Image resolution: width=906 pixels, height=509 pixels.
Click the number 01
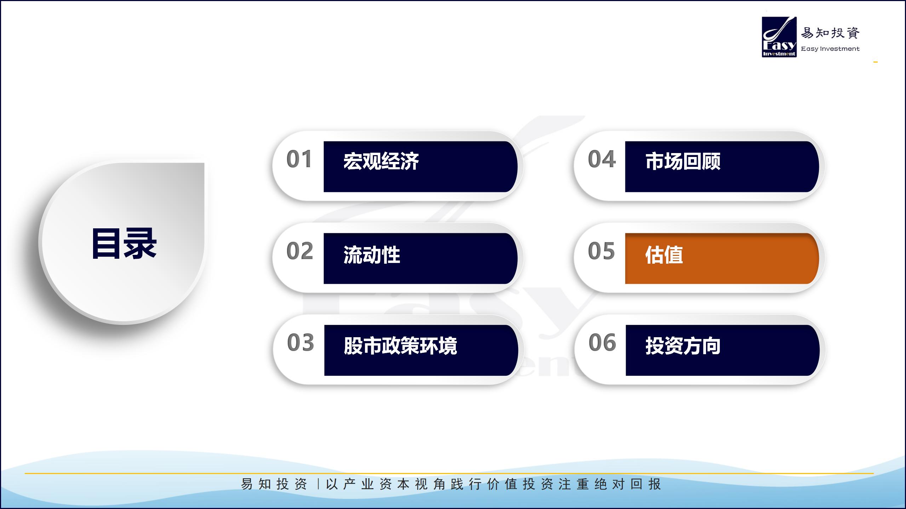point(299,159)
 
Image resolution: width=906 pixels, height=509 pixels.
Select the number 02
point(300,251)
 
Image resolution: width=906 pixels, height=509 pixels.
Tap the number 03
point(300,343)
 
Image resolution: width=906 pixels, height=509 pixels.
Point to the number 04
point(602,159)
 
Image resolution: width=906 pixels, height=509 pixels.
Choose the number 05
point(601,251)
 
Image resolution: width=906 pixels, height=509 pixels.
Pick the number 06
point(602,343)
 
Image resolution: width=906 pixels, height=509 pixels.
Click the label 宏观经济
point(381,161)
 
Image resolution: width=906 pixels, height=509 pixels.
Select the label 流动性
point(372,255)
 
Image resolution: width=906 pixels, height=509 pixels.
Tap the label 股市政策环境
point(400,346)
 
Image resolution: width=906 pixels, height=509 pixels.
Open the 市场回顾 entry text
point(683,161)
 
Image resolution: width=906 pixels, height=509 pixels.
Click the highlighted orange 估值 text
point(664,255)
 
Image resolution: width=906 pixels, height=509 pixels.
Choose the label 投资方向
point(683,346)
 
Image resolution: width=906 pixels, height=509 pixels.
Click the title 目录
point(124,244)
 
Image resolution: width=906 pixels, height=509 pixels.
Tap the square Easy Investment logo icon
point(779,37)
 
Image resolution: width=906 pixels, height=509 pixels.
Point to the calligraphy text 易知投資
point(830,33)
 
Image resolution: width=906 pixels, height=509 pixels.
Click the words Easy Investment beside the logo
point(830,49)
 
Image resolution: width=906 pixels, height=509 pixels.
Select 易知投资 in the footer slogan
point(274,484)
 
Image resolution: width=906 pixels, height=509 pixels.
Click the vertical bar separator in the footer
point(318,484)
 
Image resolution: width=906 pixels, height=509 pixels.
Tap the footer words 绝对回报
point(627,484)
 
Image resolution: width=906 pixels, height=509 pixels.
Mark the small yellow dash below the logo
point(875,62)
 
